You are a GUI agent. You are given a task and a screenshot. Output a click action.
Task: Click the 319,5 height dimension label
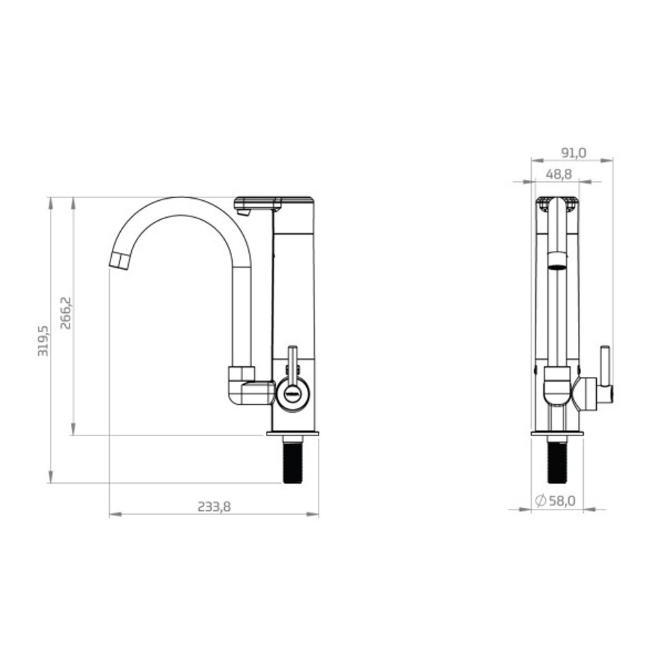click(43, 341)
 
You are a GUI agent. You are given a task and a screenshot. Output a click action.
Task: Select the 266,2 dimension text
click(66, 313)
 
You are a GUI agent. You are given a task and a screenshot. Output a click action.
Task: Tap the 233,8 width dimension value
click(214, 506)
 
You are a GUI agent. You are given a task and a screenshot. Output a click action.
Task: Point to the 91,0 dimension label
click(574, 153)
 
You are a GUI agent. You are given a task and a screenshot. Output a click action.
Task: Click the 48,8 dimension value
click(559, 174)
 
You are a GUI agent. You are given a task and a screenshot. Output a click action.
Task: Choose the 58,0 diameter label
click(562, 501)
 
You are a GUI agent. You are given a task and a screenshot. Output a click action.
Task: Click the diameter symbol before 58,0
click(540, 501)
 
